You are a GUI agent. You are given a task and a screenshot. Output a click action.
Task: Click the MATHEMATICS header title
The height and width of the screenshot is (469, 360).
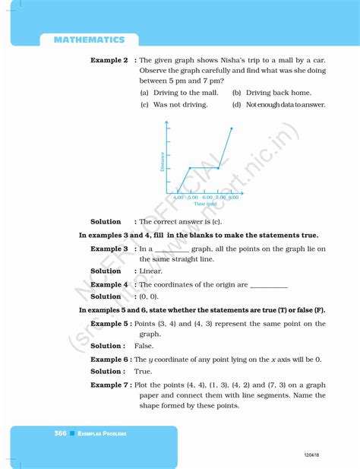(89, 39)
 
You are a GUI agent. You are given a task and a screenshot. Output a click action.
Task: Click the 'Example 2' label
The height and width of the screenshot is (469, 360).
(109, 59)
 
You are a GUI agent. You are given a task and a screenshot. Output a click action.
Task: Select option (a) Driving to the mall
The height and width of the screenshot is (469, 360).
(178, 93)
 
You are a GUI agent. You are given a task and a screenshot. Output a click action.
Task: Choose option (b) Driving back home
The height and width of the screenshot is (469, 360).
(268, 93)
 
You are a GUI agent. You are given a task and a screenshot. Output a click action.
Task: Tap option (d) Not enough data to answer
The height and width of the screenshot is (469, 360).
(278, 105)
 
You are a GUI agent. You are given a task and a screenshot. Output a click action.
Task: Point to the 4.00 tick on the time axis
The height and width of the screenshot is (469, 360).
(178, 197)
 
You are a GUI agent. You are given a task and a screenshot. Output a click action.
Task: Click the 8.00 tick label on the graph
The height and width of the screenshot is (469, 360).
(232, 197)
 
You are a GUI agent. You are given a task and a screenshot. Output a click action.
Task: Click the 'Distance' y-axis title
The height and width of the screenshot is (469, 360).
(163, 160)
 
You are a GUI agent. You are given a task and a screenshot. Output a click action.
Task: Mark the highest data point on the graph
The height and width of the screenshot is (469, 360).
(231, 128)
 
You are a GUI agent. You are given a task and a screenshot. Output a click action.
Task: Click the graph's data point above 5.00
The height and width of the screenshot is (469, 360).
(190, 168)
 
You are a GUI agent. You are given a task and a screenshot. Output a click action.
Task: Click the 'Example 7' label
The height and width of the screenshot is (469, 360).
(109, 385)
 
